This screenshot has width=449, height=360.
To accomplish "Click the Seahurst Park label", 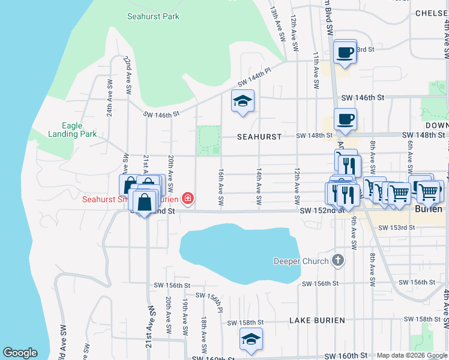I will pyautogui.click(x=153, y=16).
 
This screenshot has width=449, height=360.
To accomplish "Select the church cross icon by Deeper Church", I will pyautogui.click(x=339, y=260).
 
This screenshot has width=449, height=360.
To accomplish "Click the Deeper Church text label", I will pyautogui.click(x=301, y=261).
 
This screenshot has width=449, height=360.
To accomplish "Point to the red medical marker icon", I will pyautogui.click(x=188, y=198).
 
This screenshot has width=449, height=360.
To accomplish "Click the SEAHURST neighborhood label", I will pyautogui.click(x=259, y=137).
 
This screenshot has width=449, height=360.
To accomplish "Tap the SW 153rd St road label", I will pyautogui.click(x=397, y=227).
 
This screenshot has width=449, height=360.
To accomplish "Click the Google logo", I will pyautogui.click(x=20, y=353).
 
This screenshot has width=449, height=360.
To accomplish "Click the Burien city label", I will pyautogui.click(x=429, y=209).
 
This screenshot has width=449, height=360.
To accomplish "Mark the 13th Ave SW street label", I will pyautogui.click(x=278, y=24).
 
